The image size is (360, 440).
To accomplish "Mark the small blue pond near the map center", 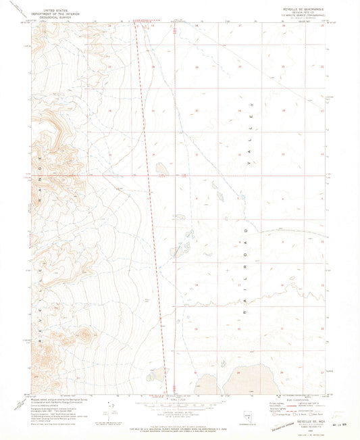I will coord(244,198).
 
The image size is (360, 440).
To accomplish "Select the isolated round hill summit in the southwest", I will coord(86,333).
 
